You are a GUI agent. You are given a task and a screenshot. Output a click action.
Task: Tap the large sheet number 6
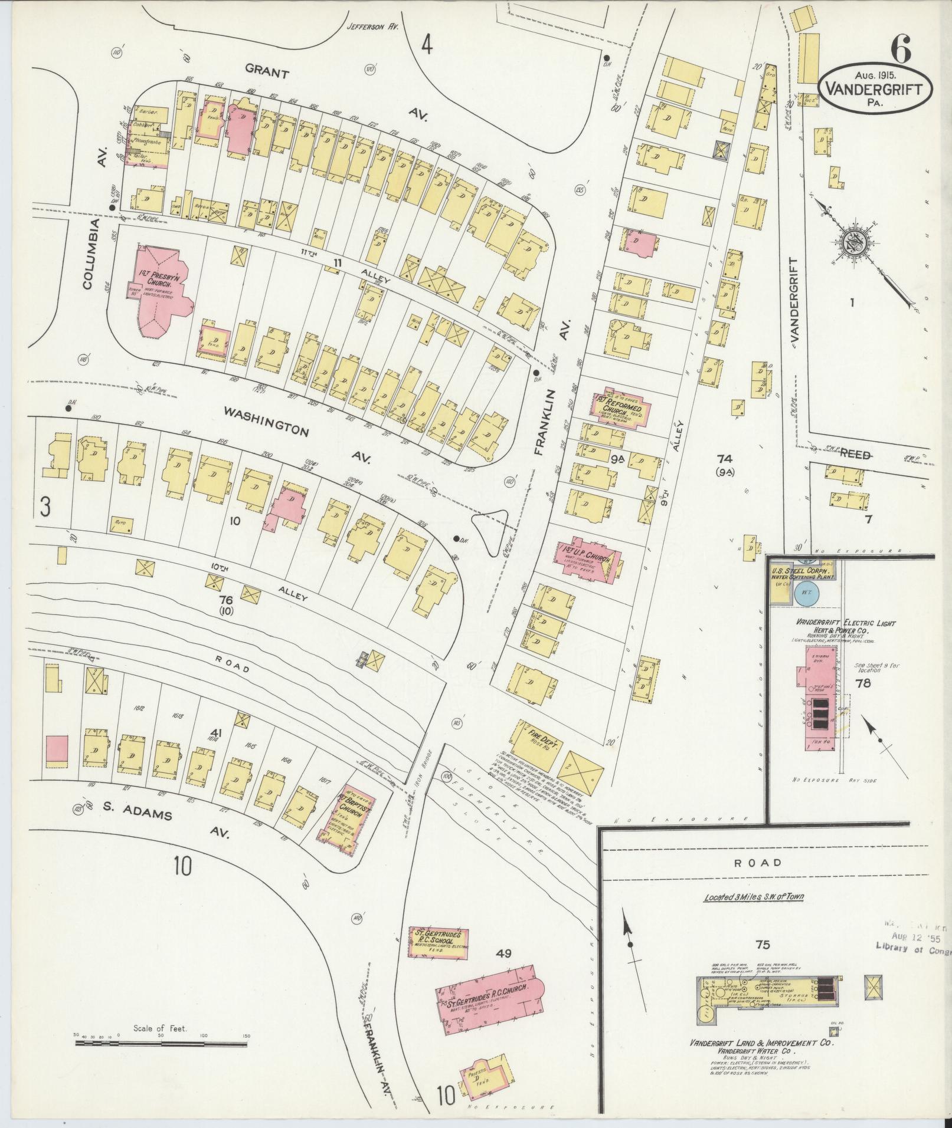coord(899,50)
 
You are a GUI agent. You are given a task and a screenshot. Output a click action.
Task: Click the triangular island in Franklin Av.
coord(492,528)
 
